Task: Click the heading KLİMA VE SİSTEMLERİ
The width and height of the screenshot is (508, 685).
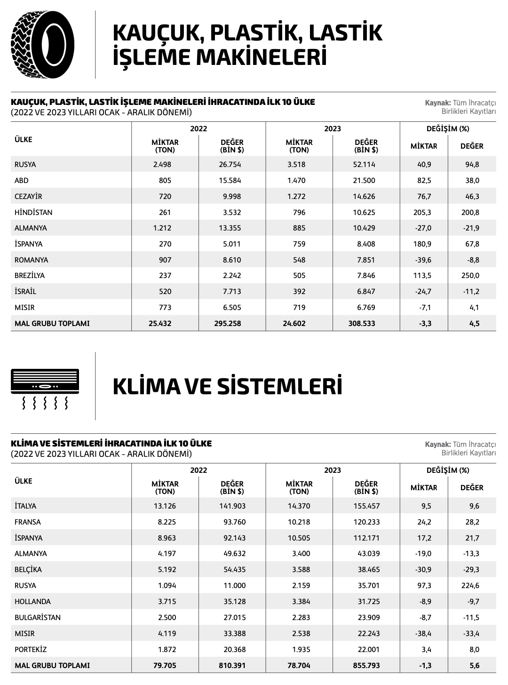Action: point(227,386)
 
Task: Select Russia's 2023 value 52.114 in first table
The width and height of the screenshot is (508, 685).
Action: point(364,165)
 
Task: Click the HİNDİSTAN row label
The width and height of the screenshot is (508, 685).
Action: point(33,212)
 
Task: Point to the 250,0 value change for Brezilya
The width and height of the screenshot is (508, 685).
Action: point(470,276)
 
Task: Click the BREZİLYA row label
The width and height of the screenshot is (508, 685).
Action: point(30,276)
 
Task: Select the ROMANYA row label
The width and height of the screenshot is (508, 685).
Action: point(31,260)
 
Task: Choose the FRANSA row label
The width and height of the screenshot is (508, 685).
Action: point(28,522)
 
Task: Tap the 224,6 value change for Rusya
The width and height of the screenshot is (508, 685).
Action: point(470,586)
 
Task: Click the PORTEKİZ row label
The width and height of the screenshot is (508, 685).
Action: point(31,650)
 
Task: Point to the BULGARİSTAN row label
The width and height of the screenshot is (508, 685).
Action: point(38,618)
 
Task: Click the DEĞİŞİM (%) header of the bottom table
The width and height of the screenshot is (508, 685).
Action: point(448,470)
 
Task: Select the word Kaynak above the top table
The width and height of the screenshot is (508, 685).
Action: point(437,103)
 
